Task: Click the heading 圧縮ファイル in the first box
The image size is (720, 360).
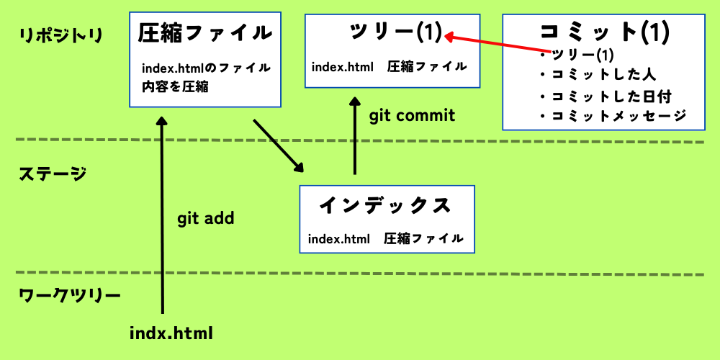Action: point(205,33)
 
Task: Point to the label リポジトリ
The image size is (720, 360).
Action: point(61,35)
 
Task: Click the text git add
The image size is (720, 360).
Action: point(206,218)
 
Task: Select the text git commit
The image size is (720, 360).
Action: point(412,115)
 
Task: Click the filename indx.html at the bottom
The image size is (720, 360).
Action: point(171,333)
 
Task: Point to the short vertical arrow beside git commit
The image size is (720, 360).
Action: point(354,137)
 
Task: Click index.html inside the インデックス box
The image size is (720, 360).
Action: point(338,238)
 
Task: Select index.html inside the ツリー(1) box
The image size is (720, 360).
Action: point(343,67)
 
